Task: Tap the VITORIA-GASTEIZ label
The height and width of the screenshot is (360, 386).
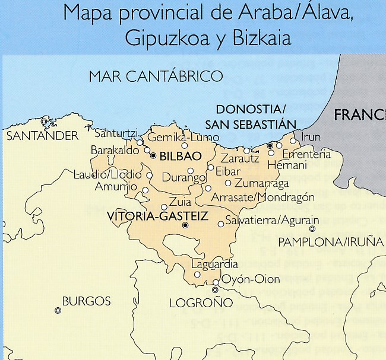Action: click(156, 216)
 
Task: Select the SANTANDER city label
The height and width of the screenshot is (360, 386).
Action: click(42, 136)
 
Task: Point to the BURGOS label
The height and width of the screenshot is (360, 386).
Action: click(86, 301)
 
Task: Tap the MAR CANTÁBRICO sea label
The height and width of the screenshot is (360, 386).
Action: click(156, 77)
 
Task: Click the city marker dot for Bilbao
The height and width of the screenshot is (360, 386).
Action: click(153, 155)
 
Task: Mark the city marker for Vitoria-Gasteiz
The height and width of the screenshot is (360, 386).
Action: click(185, 225)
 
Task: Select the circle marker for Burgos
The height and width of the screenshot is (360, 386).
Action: click(58, 310)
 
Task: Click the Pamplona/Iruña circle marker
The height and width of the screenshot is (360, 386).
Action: click(312, 228)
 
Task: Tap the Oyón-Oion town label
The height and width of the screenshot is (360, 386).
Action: click(250, 279)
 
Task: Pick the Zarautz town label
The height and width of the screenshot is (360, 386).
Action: click(240, 158)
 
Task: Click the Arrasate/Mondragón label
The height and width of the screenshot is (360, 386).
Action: click(262, 196)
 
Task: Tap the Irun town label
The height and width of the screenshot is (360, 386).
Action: click(311, 137)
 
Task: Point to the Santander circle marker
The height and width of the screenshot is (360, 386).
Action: click(44, 122)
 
